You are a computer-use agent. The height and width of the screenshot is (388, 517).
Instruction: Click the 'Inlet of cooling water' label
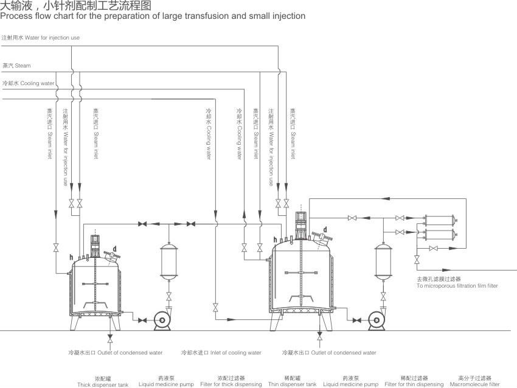(x=221, y=353)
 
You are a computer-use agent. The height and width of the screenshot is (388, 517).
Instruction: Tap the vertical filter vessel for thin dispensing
(x=383, y=262)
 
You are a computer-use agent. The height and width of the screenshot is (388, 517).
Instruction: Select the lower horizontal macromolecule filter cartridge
(x=441, y=234)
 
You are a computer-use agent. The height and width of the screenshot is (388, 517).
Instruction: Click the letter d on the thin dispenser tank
(x=325, y=229)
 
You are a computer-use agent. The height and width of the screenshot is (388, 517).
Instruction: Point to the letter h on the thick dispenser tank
(x=72, y=257)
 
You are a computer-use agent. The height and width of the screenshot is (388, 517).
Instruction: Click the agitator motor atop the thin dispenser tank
(x=300, y=226)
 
